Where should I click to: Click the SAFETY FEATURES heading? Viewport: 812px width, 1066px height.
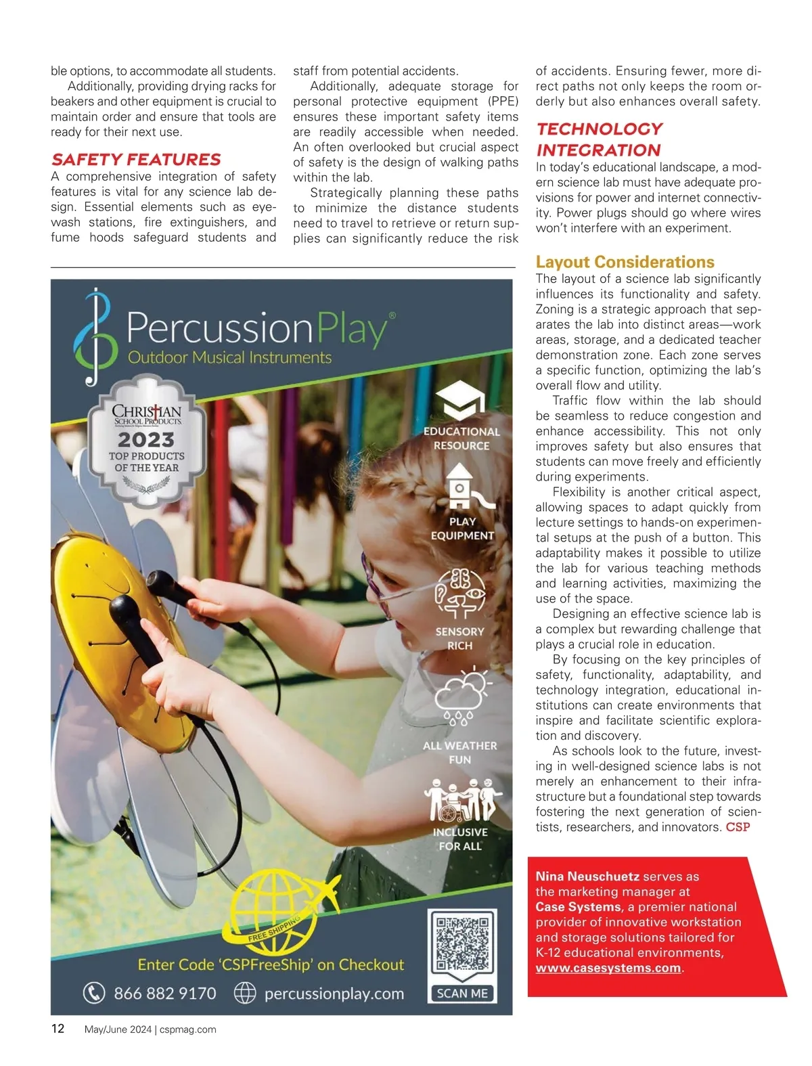(x=136, y=160)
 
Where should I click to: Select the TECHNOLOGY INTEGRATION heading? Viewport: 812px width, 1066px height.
(x=600, y=139)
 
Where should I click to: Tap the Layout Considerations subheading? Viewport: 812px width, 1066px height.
(x=625, y=262)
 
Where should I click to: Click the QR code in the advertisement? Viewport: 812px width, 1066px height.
(x=463, y=943)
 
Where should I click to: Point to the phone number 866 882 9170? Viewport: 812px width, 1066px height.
(x=164, y=993)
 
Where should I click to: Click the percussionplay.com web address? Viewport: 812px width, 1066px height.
(x=334, y=993)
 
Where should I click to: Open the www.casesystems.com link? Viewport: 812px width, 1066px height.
(x=608, y=968)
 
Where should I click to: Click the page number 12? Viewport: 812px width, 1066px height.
(x=58, y=1029)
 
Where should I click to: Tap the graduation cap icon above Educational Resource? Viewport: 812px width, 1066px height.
(x=462, y=401)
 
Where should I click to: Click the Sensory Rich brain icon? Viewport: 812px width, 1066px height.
(x=460, y=592)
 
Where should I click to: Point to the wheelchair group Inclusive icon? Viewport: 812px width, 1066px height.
(x=462, y=800)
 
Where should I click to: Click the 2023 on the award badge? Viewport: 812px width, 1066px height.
(x=146, y=439)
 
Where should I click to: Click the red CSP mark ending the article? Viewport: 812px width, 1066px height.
(x=738, y=827)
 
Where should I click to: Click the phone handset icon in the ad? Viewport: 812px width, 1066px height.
(x=94, y=993)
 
